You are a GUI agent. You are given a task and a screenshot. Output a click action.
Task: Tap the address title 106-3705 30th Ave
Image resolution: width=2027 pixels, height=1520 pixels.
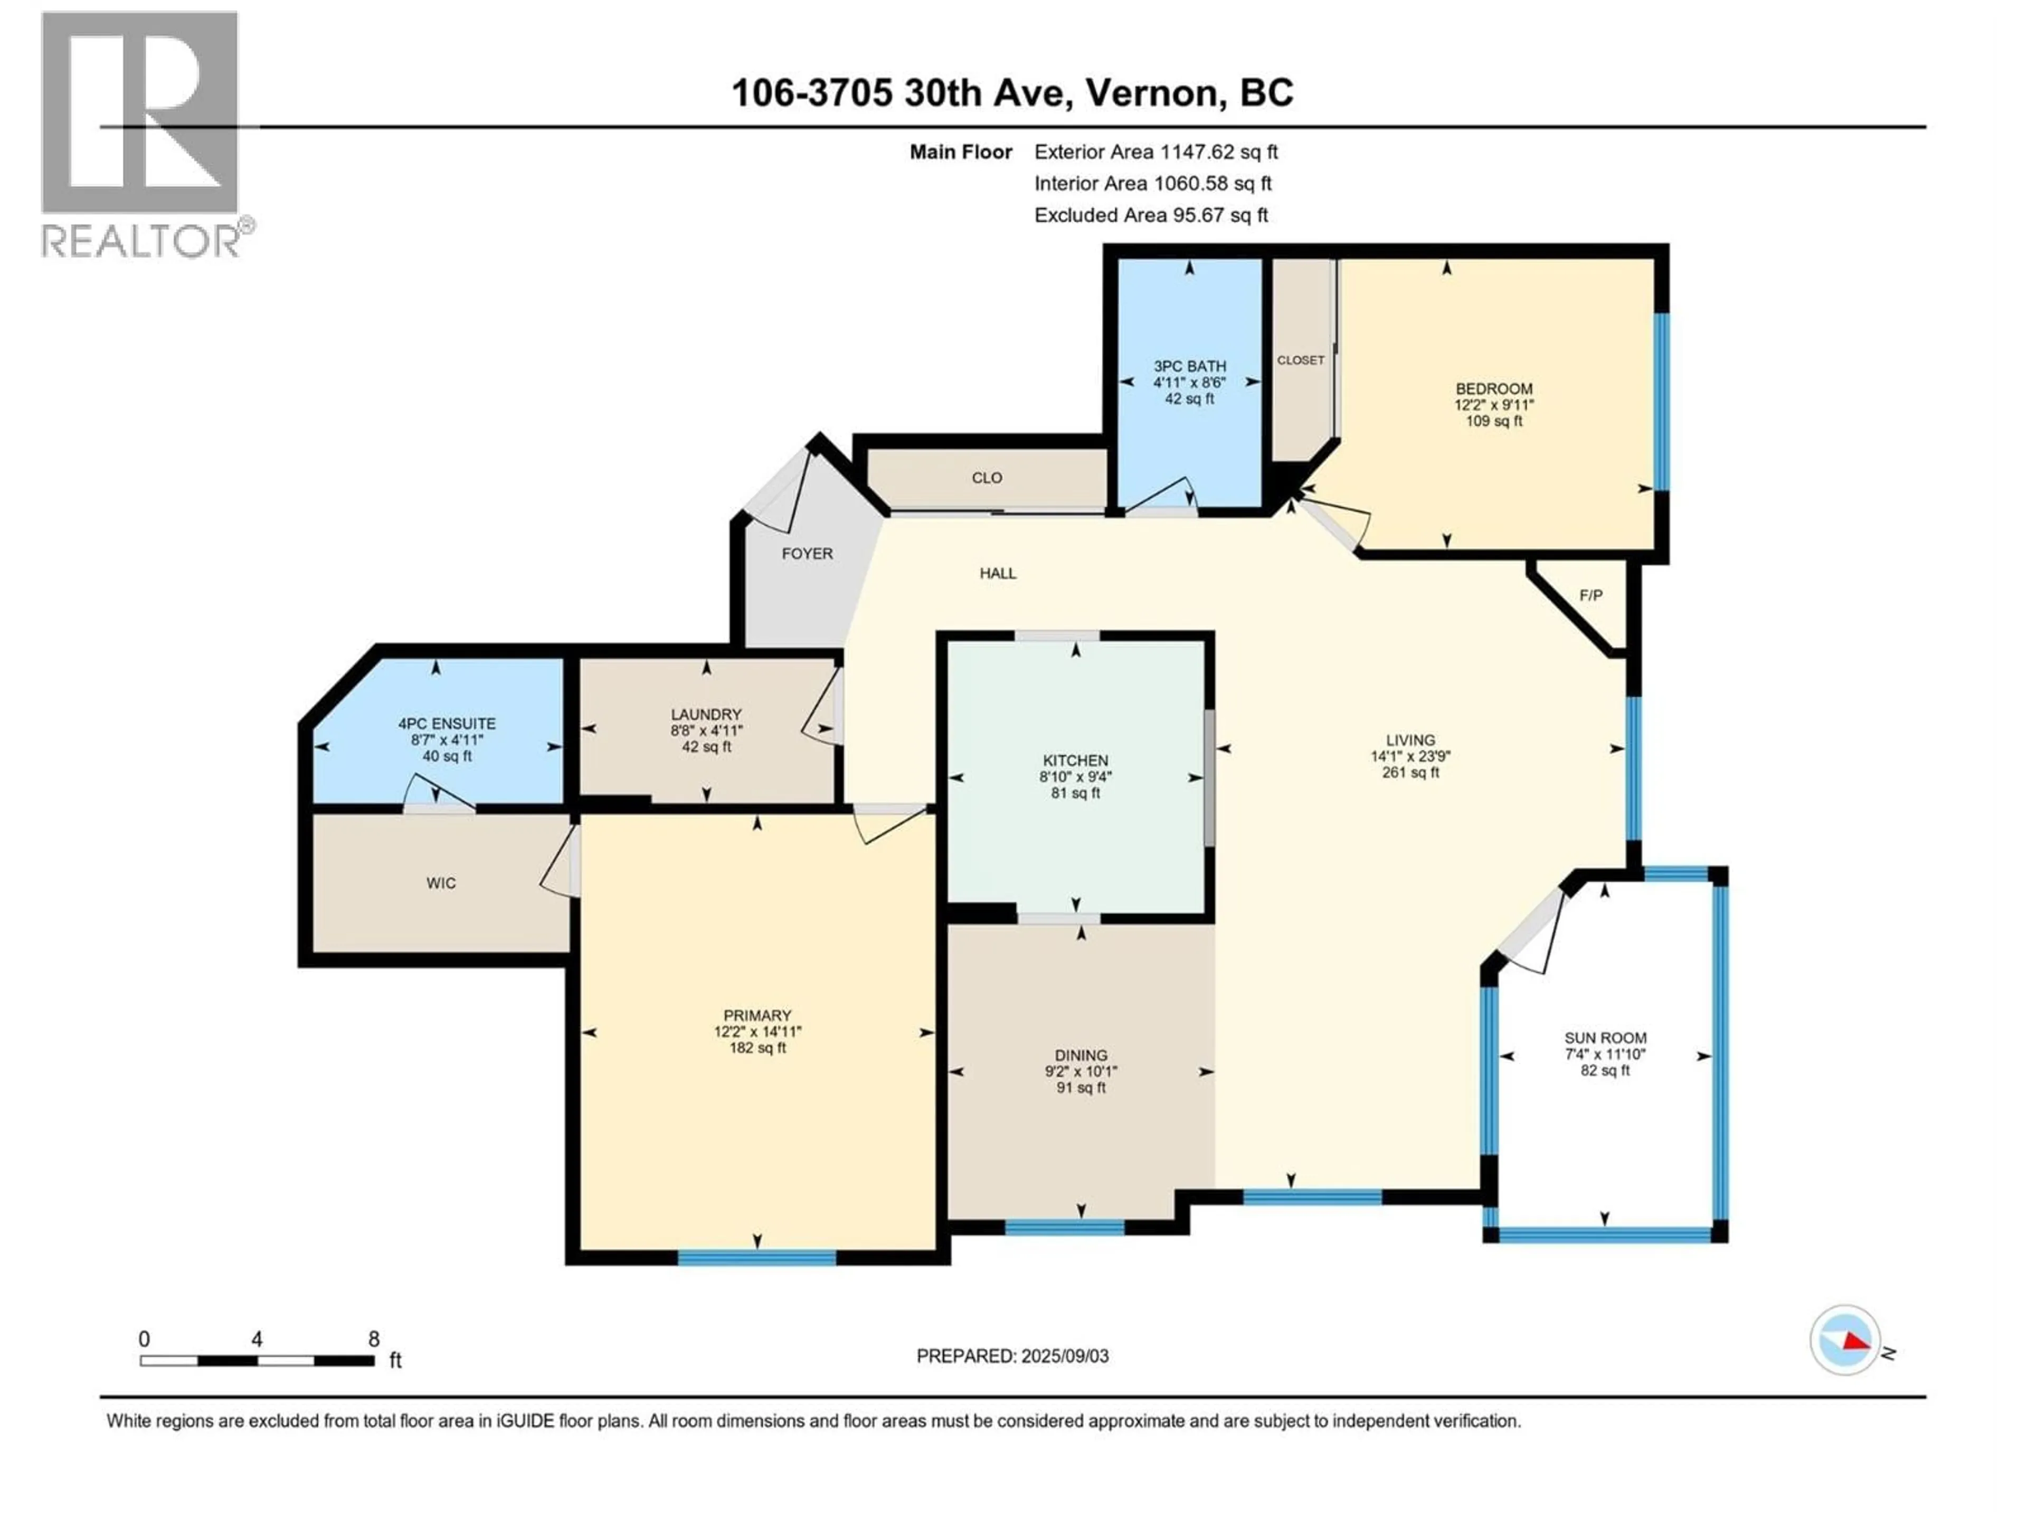tap(1012, 92)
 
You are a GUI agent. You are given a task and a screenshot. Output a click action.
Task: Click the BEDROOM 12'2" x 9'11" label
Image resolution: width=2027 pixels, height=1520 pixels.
tap(1494, 404)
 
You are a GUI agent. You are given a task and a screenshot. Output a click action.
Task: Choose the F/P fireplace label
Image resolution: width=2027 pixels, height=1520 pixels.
tap(1591, 595)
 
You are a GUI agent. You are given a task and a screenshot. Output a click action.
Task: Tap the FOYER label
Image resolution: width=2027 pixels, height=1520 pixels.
tap(807, 554)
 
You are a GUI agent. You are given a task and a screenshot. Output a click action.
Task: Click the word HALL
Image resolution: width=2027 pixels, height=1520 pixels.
tap(998, 574)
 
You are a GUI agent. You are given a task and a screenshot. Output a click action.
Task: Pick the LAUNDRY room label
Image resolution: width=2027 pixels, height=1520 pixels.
tap(706, 730)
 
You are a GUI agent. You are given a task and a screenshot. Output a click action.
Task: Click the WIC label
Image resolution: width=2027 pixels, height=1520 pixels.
tap(441, 883)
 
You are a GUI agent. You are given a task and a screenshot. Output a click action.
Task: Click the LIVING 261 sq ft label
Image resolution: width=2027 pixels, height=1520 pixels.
tap(1410, 756)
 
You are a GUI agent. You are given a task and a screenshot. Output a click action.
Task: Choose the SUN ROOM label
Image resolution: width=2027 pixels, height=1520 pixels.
tap(1605, 1053)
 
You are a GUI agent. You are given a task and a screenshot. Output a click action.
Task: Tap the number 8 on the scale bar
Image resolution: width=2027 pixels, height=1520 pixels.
tap(373, 1339)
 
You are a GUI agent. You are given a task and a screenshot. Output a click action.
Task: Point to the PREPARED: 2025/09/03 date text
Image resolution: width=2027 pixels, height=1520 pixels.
tap(1012, 1356)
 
